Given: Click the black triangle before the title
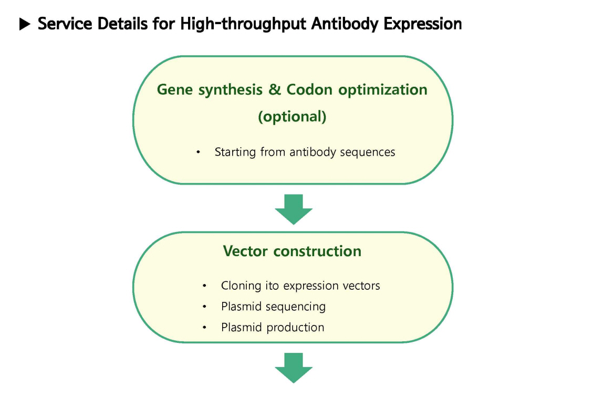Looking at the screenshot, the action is [25, 24].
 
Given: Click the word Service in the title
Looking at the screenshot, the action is [65, 24].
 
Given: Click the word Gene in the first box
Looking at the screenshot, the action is [175, 89].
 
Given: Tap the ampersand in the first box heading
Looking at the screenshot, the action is [275, 89].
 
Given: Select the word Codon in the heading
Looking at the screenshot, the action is [309, 89].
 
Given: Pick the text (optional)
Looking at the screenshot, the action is [292, 116].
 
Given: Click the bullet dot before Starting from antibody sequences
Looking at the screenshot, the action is [198, 153].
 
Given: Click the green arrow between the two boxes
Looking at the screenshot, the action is [294, 209].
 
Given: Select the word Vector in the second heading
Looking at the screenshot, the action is [245, 251].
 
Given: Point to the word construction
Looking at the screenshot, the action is [317, 251].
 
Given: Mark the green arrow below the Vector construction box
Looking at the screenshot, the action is [294, 368].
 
